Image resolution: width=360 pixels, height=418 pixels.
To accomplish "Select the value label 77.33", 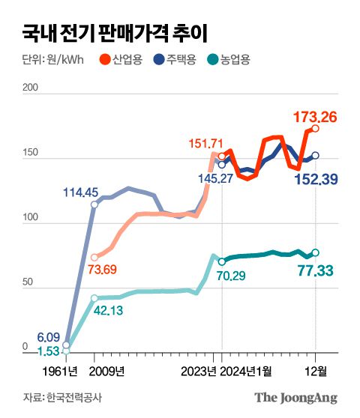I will (316, 270).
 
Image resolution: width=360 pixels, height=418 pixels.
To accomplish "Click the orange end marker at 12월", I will (316, 129).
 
